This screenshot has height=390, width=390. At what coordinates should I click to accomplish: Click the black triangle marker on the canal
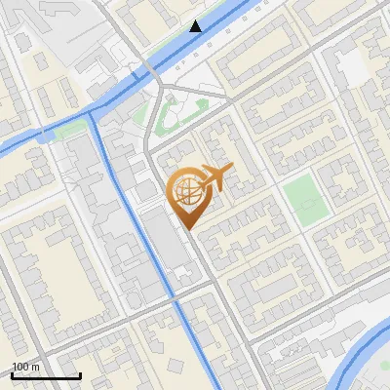point(197,25)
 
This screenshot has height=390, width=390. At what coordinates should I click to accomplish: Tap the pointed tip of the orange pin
point(187,229)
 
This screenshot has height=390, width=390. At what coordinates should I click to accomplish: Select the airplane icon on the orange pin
point(214,177)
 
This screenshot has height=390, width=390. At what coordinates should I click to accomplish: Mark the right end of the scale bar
point(80,376)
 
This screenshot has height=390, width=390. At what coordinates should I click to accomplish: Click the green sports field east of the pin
point(305,199)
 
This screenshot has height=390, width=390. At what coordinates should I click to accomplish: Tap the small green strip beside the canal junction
point(69,130)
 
